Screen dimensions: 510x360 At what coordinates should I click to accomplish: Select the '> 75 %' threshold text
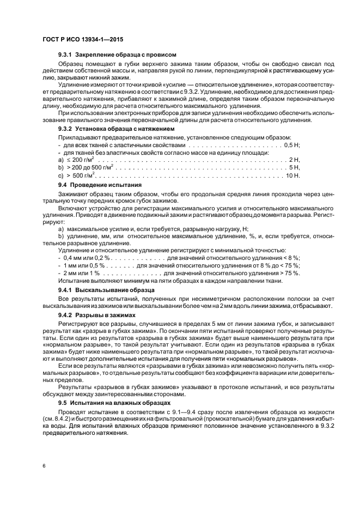point(290,272)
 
